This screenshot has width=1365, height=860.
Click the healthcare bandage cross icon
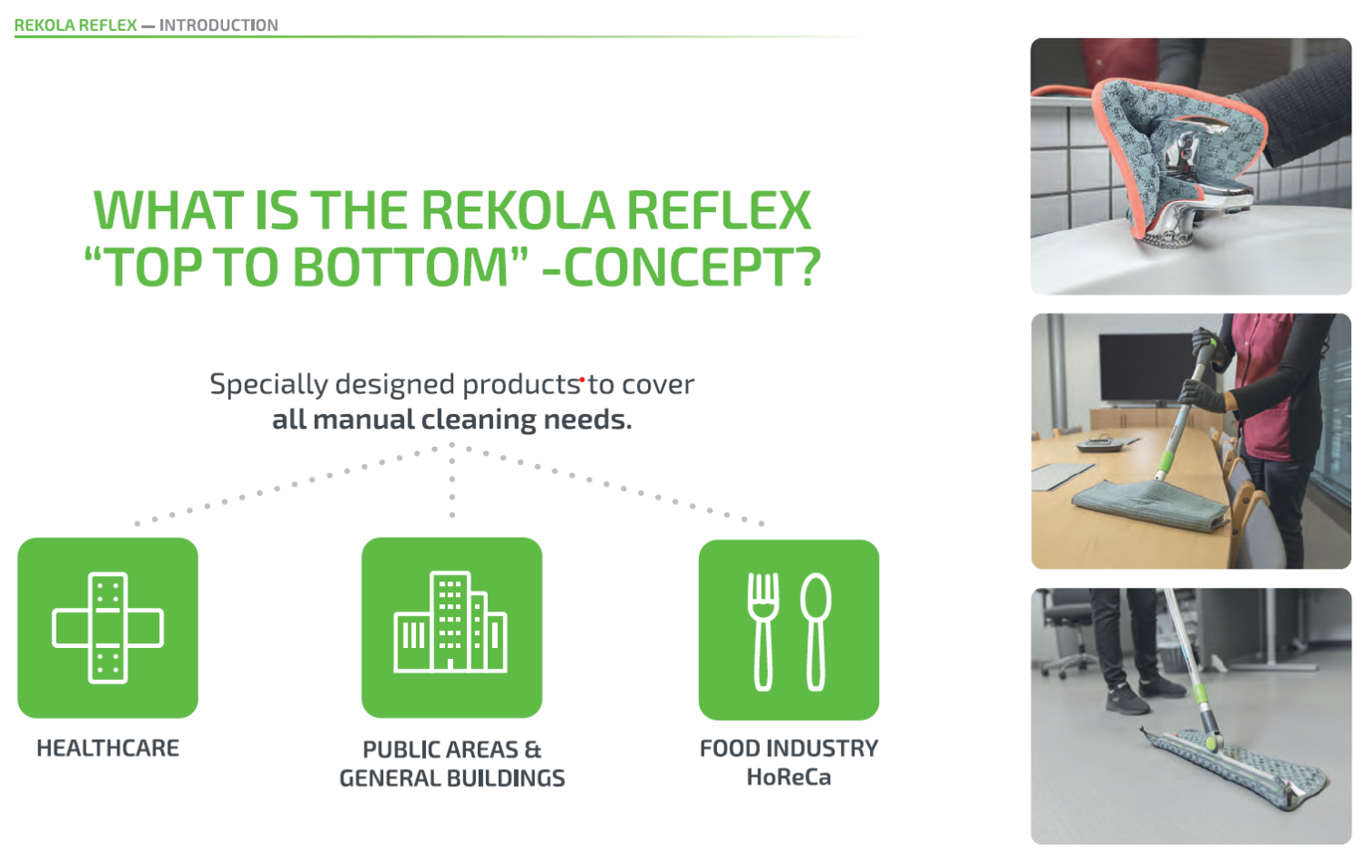(108, 628)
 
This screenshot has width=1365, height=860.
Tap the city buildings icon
(450, 622)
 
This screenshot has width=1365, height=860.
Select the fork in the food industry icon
(763, 632)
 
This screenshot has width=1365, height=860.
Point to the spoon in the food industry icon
(815, 632)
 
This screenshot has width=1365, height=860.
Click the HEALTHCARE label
(108, 748)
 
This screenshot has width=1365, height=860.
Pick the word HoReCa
(789, 777)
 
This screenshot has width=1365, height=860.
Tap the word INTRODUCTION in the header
(218, 25)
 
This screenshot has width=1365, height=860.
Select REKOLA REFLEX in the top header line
(76, 25)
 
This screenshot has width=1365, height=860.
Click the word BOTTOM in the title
(400, 267)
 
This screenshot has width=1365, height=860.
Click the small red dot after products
(582, 379)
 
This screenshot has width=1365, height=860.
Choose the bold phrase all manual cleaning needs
(451, 420)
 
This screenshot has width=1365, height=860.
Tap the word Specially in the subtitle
(268, 385)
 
